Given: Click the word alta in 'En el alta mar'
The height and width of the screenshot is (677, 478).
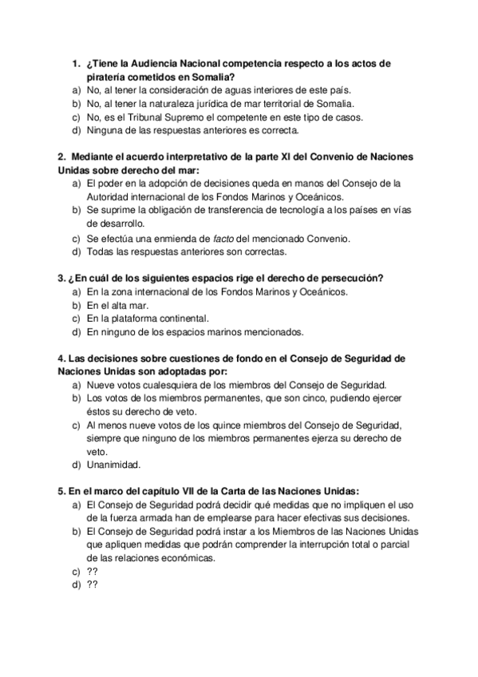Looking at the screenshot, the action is [x=127, y=305].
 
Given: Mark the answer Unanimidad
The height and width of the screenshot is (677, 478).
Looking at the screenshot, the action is [x=113, y=465].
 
